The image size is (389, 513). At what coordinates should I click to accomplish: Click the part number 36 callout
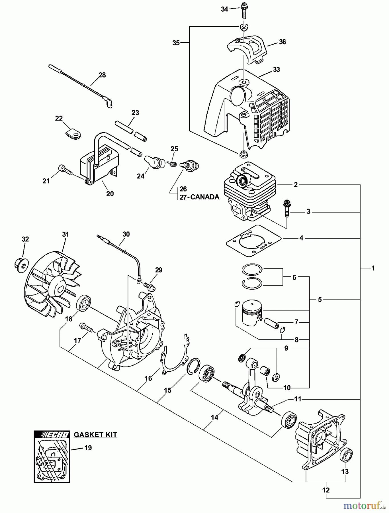pos(282,42)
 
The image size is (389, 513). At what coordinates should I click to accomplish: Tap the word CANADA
pos(204,197)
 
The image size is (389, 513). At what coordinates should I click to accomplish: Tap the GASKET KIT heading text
pos(95,435)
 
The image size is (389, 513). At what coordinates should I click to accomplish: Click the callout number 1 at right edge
pos(373,268)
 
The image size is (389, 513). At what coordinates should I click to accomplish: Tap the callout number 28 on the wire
pos(102,75)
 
